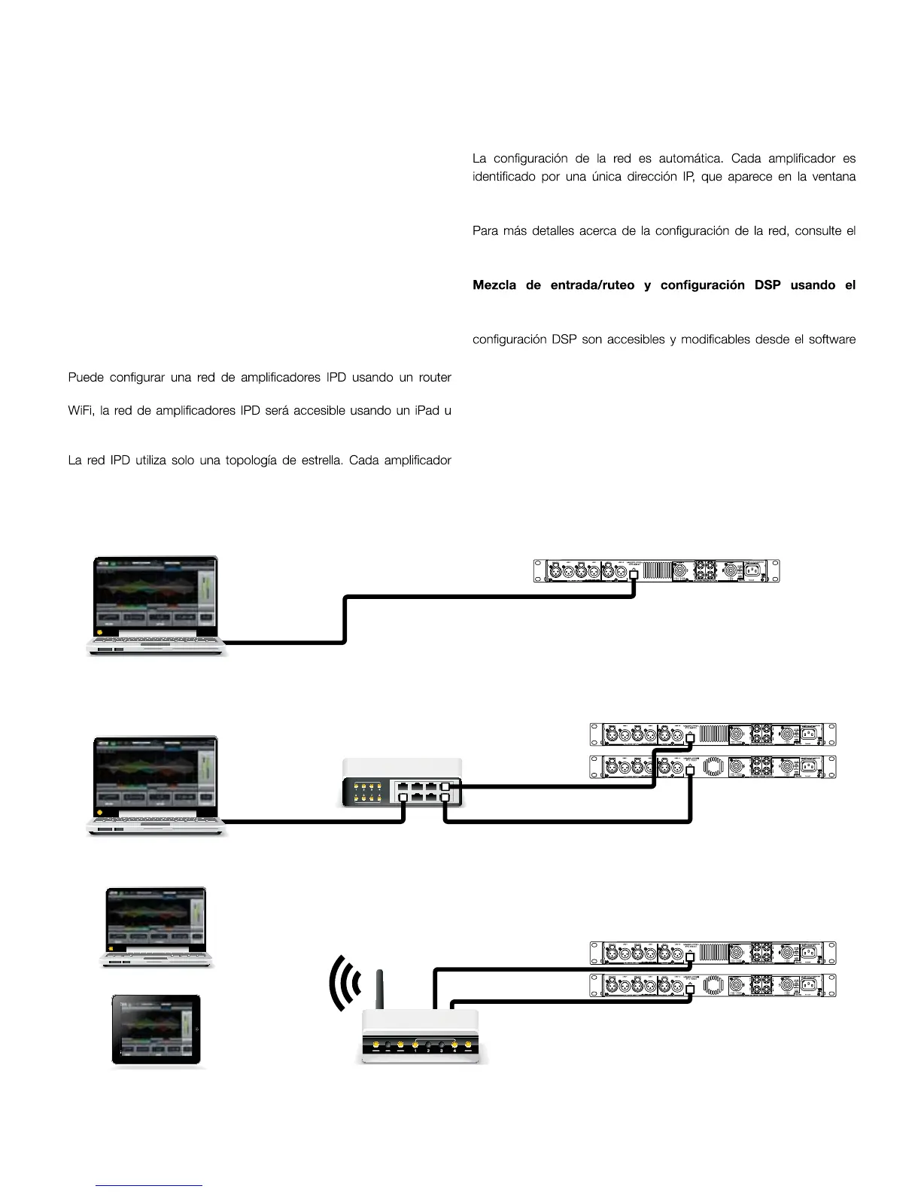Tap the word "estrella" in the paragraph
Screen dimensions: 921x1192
pos(312,460)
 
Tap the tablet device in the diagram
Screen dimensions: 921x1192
pos(157,1030)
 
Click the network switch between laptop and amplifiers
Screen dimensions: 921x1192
pos(402,783)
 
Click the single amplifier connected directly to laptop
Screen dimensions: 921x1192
pos(656,571)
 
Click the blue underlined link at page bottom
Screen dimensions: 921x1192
pos(149,1185)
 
